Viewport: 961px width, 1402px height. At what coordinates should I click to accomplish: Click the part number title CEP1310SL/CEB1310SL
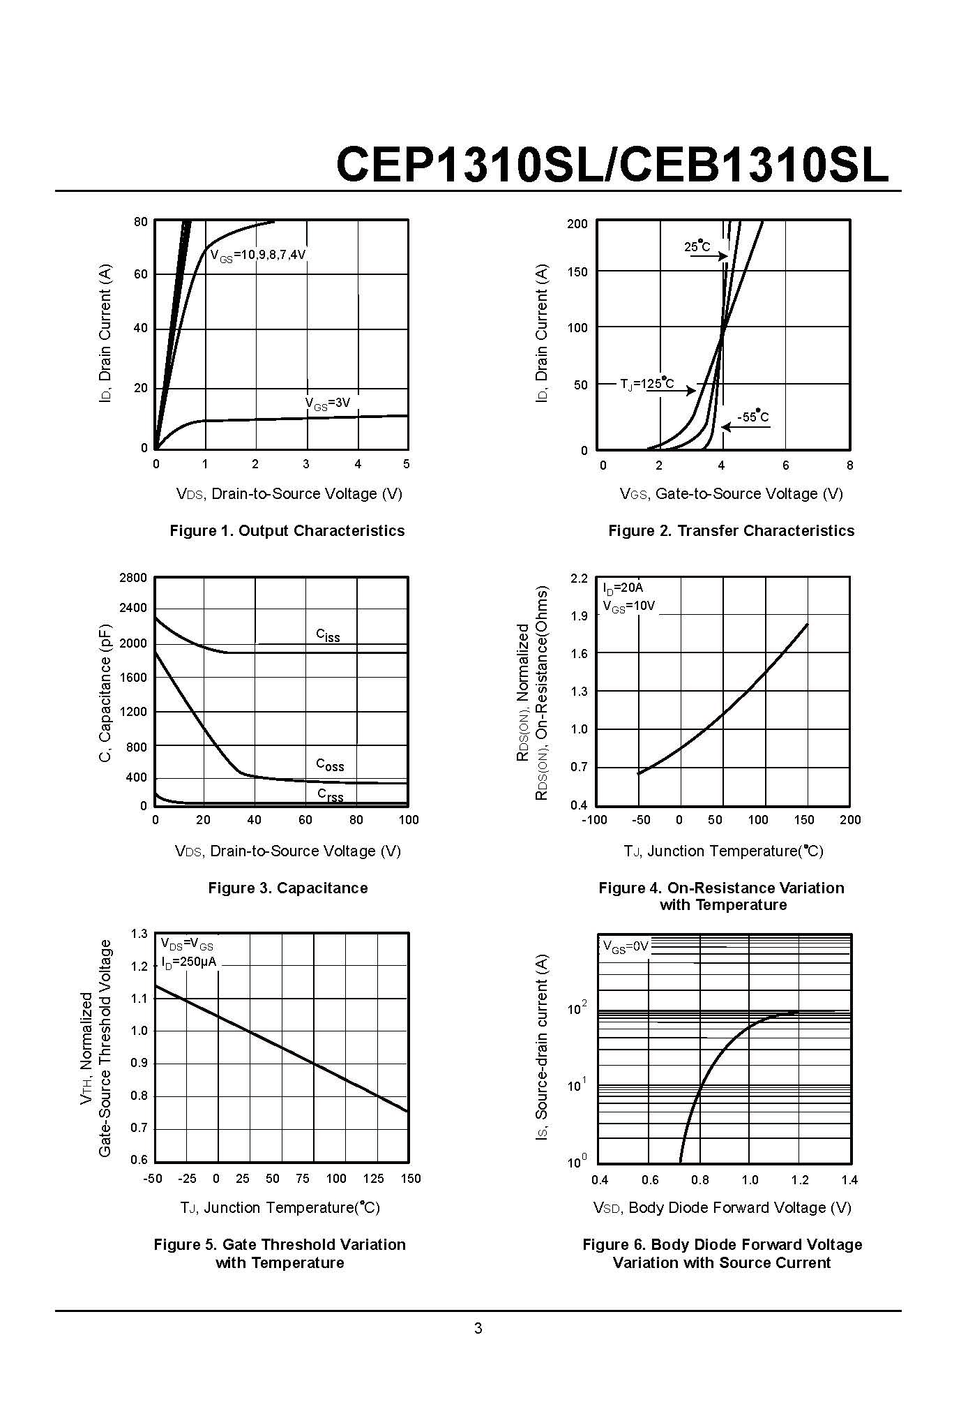(x=612, y=165)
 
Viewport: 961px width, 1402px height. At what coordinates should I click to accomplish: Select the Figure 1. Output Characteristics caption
(x=287, y=530)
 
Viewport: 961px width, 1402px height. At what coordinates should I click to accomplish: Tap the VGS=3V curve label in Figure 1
(x=327, y=403)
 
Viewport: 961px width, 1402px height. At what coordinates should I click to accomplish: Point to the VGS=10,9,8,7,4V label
(x=258, y=255)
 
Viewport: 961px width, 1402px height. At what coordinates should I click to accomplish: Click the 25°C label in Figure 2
(x=697, y=246)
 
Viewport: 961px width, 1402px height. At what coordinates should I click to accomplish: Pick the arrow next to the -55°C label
(x=745, y=427)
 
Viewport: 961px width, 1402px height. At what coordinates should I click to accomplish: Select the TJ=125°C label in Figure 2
(x=647, y=384)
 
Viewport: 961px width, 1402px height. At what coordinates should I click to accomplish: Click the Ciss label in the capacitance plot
(x=328, y=635)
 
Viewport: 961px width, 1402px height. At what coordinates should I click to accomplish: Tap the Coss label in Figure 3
(x=330, y=765)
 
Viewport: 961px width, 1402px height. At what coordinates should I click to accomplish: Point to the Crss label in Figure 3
(x=331, y=794)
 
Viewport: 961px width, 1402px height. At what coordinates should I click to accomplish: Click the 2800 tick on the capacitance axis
(x=133, y=578)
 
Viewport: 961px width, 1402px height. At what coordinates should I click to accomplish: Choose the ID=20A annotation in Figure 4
(x=623, y=588)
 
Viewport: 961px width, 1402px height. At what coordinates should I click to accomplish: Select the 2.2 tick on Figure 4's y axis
(x=579, y=579)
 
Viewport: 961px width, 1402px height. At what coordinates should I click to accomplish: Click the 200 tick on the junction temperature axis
(x=850, y=820)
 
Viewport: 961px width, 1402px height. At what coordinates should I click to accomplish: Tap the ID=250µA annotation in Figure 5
(x=189, y=962)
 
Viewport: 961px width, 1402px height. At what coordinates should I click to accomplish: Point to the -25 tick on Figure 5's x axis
(x=187, y=1179)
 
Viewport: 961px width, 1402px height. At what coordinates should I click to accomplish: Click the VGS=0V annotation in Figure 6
(x=626, y=947)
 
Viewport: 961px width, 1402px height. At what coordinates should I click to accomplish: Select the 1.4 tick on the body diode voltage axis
(x=849, y=1180)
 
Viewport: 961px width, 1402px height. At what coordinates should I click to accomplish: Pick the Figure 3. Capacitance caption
(x=287, y=888)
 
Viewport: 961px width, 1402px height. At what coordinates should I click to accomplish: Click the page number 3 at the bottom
(x=478, y=1329)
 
